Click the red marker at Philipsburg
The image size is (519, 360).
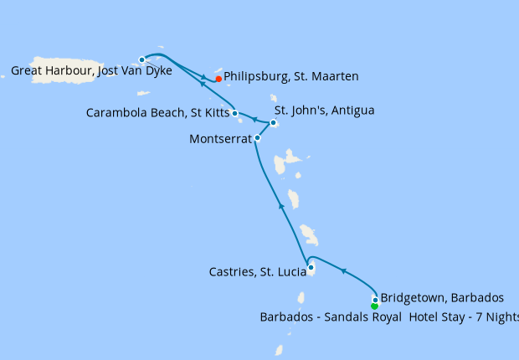(x=218, y=79)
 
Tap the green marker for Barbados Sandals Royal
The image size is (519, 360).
(x=374, y=306)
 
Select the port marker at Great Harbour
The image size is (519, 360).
(x=142, y=59)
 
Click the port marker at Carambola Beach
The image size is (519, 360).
(x=235, y=113)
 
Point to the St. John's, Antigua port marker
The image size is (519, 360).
(x=273, y=123)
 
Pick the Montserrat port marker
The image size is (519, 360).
(x=257, y=138)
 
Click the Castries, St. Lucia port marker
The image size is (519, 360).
(x=311, y=267)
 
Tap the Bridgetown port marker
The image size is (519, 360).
(x=374, y=299)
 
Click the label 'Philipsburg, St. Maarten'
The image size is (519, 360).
(x=291, y=76)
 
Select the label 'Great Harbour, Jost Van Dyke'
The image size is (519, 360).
(x=91, y=71)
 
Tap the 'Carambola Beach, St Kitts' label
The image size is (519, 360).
(x=157, y=112)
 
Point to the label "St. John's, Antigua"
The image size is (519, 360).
(x=325, y=110)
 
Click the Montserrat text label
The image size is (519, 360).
(x=220, y=139)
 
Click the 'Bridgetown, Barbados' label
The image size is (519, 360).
(x=442, y=297)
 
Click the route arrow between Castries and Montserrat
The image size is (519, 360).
(x=281, y=205)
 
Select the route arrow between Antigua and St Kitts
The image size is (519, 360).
(x=254, y=119)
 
